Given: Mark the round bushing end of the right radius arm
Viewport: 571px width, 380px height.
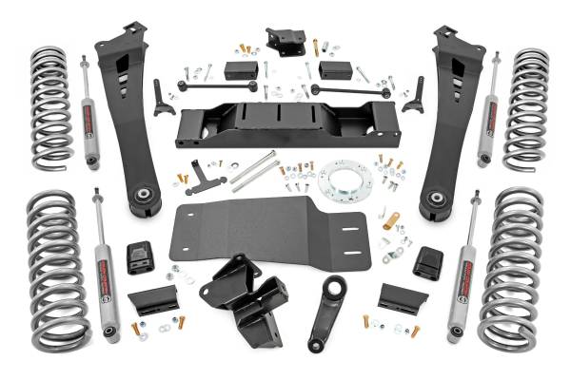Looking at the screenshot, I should coord(437,199).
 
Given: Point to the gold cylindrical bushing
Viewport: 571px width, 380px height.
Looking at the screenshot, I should coord(390,220).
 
